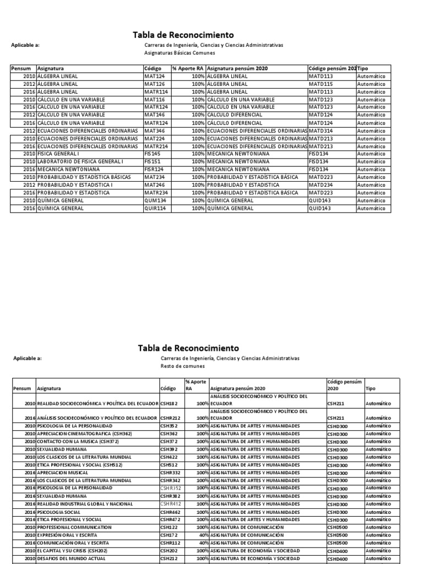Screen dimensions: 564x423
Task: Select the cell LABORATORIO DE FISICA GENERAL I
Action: tap(80, 161)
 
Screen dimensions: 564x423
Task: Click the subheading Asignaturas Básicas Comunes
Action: tap(180, 53)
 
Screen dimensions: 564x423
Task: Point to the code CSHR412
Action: tap(170, 504)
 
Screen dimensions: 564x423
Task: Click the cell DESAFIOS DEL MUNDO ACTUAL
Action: tap(70, 558)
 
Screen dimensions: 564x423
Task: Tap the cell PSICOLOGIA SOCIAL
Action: tap(60, 512)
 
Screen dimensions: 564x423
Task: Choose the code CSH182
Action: tap(169, 403)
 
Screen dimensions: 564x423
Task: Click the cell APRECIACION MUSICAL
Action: tap(63, 473)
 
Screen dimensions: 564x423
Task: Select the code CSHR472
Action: tap(170, 519)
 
